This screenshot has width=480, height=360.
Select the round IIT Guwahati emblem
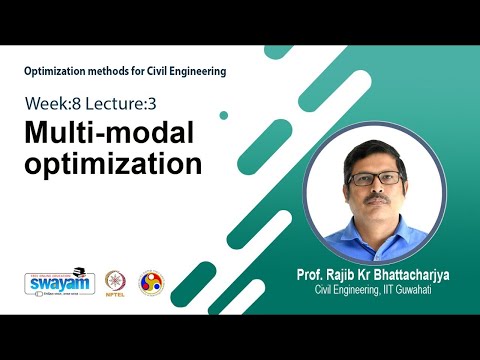150,282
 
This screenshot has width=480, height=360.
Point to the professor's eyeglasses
374,179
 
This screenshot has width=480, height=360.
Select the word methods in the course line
114,71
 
